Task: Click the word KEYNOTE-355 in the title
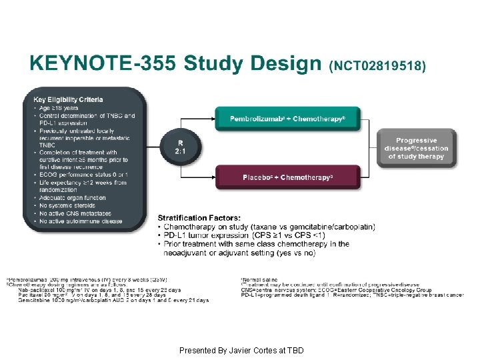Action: pos(102,64)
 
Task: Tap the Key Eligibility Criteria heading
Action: pos(68,99)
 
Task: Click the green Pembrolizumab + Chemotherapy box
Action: pos(287,119)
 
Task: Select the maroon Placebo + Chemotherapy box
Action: pos(287,177)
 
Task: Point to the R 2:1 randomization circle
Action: pos(179,147)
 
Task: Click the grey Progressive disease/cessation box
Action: pos(416,149)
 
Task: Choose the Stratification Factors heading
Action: pos(198,217)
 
